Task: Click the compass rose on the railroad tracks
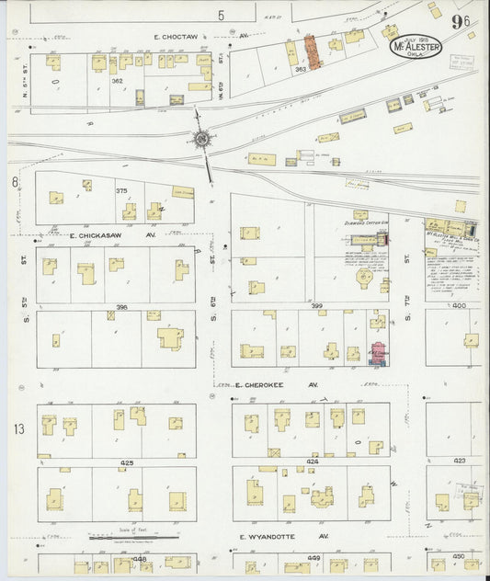201,140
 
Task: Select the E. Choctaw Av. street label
188,37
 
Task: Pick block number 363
300,69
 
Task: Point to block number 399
316,304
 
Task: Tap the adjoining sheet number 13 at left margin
17,429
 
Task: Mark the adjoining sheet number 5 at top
221,16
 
